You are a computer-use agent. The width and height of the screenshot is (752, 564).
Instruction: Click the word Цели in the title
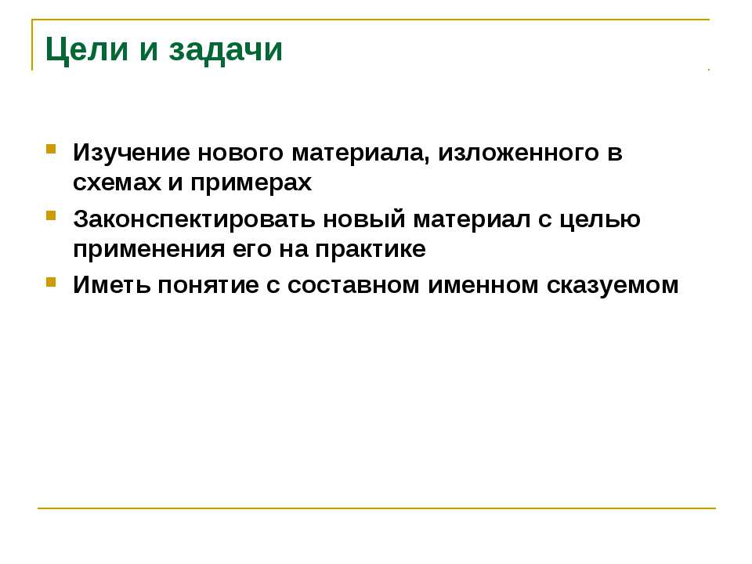[x=87, y=49]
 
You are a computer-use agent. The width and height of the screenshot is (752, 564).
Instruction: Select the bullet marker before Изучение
[x=51, y=149]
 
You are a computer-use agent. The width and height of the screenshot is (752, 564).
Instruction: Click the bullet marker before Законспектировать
[x=51, y=215]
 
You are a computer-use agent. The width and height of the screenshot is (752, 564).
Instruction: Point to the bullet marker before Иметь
[x=51, y=281]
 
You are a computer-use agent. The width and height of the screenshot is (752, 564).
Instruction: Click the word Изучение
[x=132, y=154]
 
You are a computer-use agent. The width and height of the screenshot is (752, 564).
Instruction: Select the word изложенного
[x=519, y=154]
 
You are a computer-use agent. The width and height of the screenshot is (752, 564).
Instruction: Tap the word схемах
[x=117, y=183]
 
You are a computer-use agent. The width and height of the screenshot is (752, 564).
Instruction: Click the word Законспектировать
[x=194, y=219]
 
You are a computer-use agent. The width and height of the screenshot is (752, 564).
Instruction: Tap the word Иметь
[x=111, y=285]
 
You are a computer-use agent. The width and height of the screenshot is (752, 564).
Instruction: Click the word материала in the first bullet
[x=360, y=154]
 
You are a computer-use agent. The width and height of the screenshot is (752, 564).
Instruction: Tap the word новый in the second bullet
[x=364, y=219]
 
